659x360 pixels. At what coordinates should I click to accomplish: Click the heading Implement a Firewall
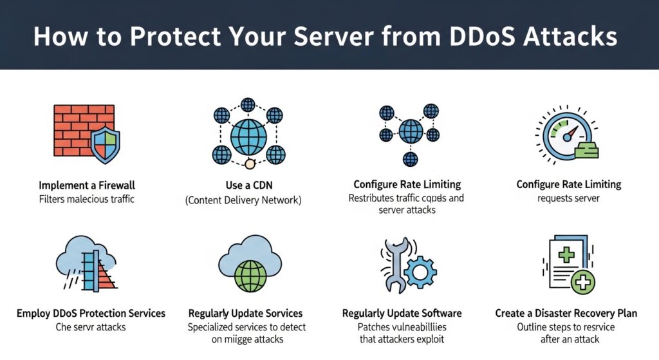(x=86, y=185)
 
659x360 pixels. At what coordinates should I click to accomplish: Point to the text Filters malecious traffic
(x=86, y=199)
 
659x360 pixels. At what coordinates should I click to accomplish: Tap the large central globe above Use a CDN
(x=248, y=137)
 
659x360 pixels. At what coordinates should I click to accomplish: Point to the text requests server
(x=568, y=198)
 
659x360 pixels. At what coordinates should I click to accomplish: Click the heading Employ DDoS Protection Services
(x=91, y=313)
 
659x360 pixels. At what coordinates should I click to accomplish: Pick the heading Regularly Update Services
(x=245, y=313)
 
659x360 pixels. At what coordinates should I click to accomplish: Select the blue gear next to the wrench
(x=422, y=273)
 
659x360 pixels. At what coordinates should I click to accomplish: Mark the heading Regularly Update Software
(x=402, y=313)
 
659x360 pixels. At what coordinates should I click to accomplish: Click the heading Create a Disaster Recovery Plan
(x=566, y=313)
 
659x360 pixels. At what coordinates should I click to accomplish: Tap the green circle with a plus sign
(x=582, y=281)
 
